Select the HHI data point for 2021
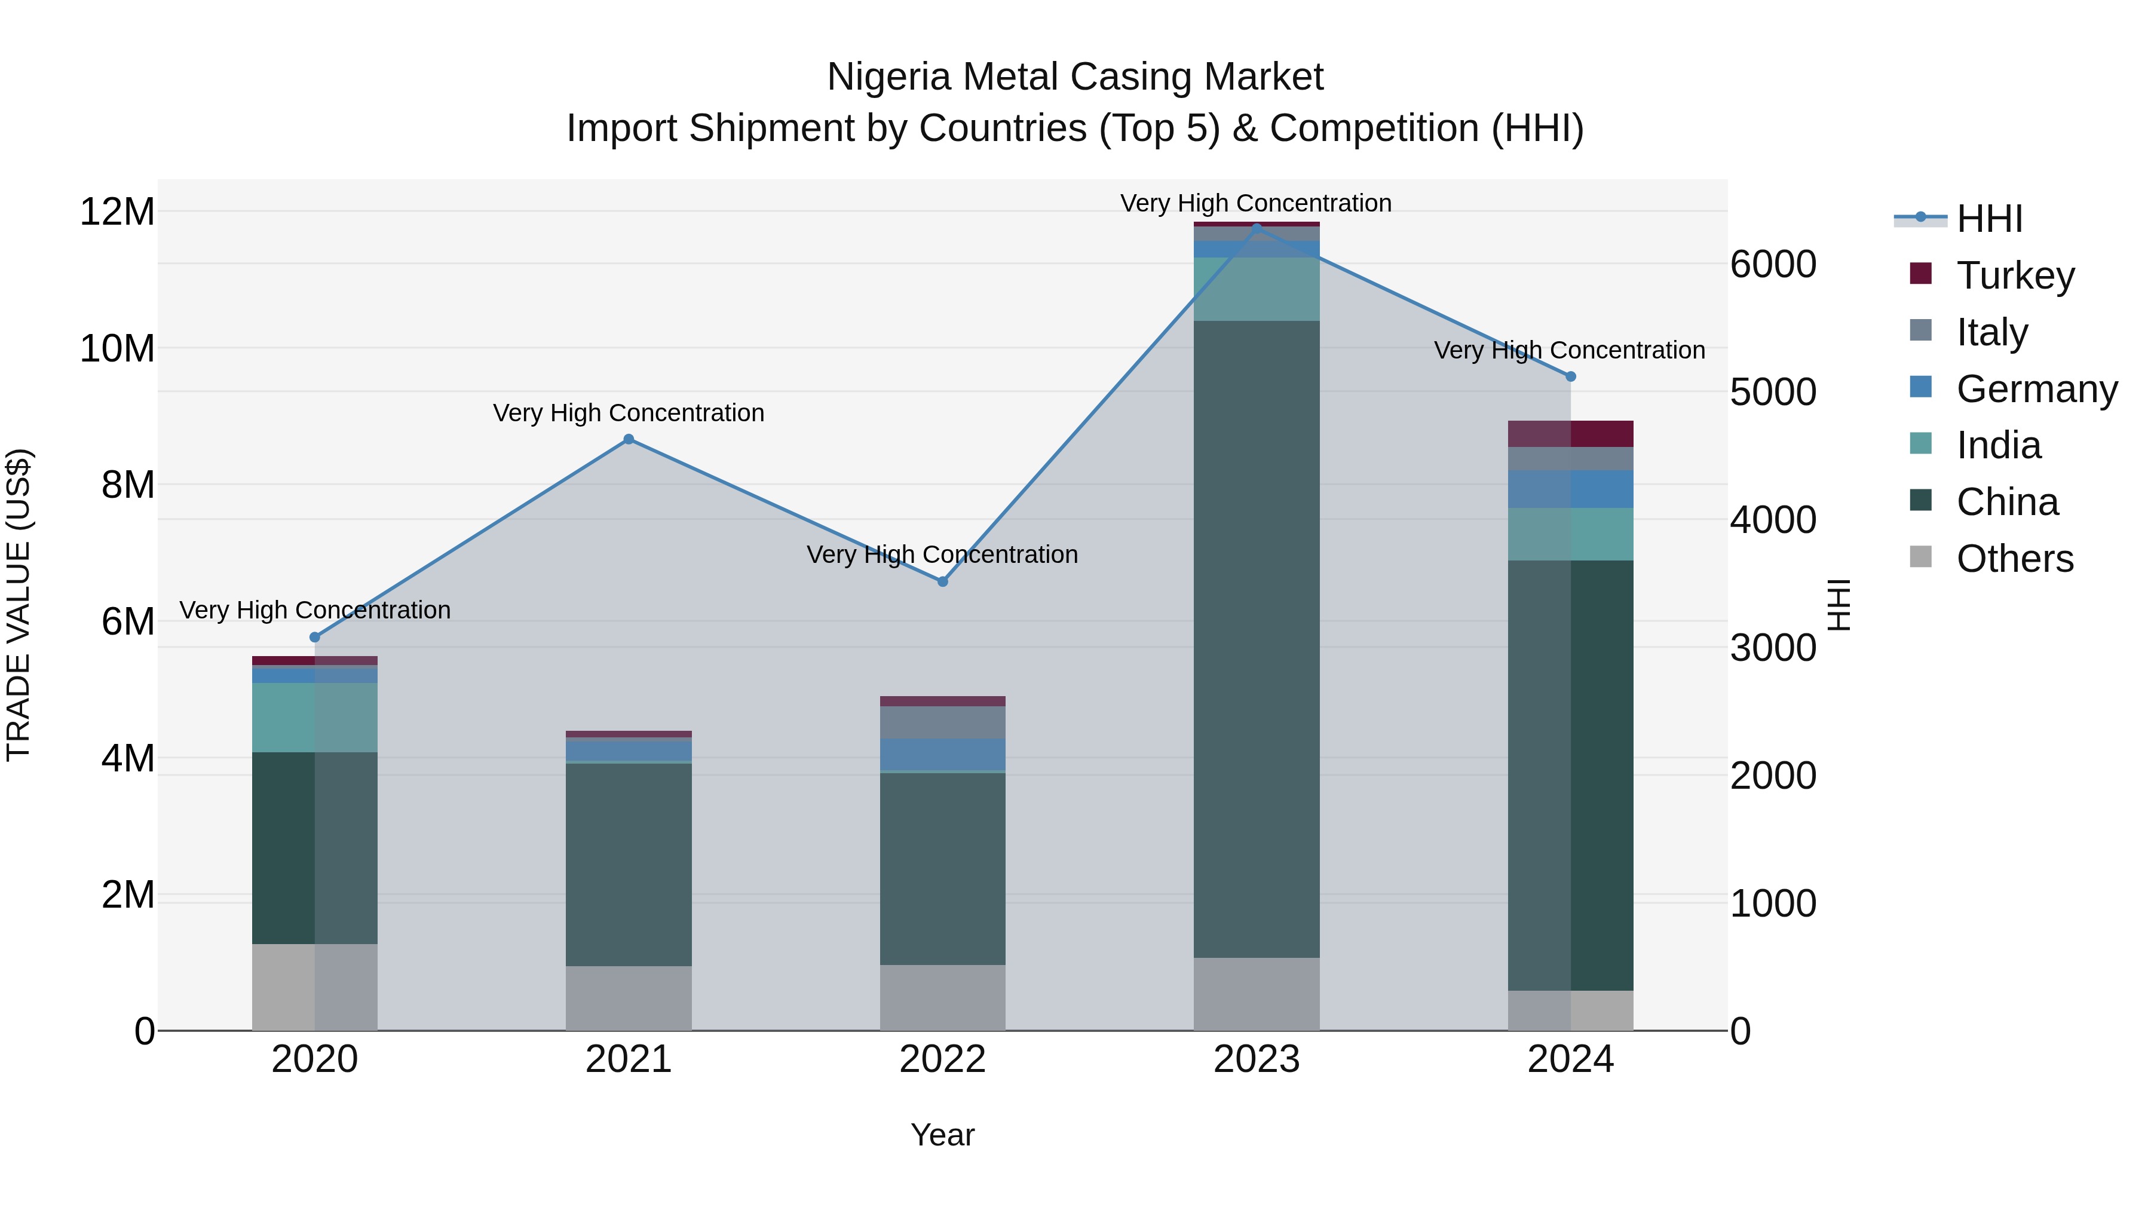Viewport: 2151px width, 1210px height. [x=629, y=439]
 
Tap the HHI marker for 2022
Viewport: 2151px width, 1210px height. [x=943, y=581]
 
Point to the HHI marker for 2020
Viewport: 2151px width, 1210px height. [x=315, y=637]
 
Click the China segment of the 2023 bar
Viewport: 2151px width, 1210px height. [x=1256, y=639]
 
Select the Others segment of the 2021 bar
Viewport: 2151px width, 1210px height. [x=629, y=998]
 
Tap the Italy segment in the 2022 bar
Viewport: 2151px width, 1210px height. [x=943, y=722]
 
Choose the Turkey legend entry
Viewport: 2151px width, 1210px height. [x=2015, y=275]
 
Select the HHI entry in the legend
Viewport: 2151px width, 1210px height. [x=1989, y=219]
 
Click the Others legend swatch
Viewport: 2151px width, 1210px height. [x=1920, y=557]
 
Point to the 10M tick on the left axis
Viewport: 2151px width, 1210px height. [x=117, y=348]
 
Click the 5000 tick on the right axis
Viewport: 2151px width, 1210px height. [x=1773, y=393]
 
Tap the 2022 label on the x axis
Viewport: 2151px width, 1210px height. [x=943, y=1059]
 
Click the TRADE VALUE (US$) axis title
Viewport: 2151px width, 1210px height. [x=19, y=605]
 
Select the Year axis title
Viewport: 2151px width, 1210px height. [x=943, y=1135]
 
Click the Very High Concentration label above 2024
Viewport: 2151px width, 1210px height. [x=1569, y=350]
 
